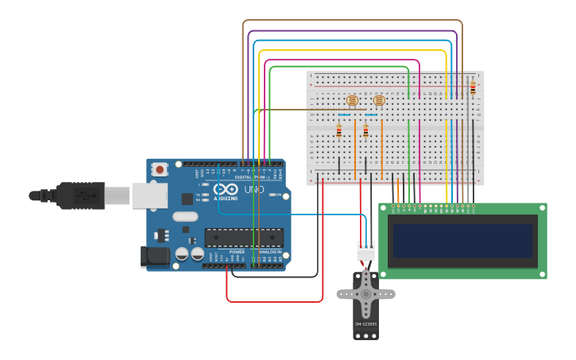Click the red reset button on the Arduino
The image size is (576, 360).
coord(160,169)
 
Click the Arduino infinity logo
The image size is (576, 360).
coord(226,189)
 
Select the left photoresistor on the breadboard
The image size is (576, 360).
coord(352,101)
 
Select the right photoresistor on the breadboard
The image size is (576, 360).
coord(379,101)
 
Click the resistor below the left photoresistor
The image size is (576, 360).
coord(339,130)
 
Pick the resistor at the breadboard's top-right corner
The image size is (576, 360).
coord(473,87)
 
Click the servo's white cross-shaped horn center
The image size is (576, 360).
coord(365,293)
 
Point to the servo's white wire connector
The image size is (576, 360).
coord(365,250)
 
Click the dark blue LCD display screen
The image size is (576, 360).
coord(462,240)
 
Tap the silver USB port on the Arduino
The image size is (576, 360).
coord(149,195)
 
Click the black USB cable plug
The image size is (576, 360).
coord(79,195)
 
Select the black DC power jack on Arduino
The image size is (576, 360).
coord(154,255)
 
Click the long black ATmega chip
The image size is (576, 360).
coord(244,237)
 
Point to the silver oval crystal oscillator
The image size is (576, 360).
coord(184,216)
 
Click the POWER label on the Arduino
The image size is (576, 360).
coord(237,252)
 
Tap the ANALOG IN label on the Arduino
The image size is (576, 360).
coord(268,252)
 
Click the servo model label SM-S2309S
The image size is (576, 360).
coord(365,324)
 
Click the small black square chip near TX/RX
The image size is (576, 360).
coord(187,199)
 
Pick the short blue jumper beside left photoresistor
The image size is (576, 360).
coord(343,115)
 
